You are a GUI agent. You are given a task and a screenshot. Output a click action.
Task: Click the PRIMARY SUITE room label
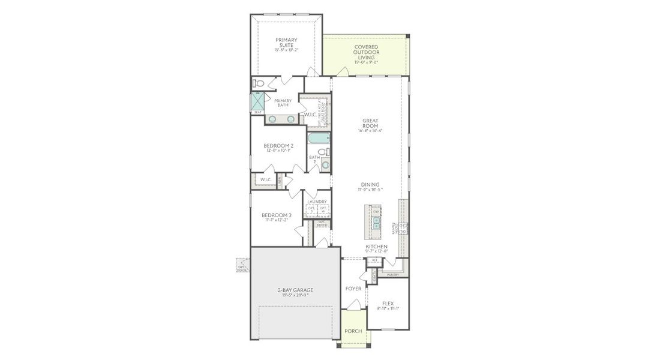click(286, 43)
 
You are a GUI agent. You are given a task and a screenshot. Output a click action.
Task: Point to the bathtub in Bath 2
click(318, 139)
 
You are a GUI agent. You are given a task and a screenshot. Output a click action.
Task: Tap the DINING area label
click(370, 185)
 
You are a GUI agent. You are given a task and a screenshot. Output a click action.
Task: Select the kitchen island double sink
click(376, 223)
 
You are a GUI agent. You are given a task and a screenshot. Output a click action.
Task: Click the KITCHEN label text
click(377, 247)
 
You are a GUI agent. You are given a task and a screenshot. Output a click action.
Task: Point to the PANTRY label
click(393, 274)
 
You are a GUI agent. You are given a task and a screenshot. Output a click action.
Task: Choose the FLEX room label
click(388, 304)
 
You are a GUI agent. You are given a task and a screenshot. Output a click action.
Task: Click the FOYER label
click(353, 289)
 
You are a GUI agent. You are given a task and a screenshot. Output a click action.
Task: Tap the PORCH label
click(353, 331)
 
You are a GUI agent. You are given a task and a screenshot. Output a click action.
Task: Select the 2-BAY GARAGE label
click(295, 290)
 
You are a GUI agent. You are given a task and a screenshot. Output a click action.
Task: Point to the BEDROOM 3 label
click(277, 215)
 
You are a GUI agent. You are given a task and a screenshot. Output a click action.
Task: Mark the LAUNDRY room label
click(317, 202)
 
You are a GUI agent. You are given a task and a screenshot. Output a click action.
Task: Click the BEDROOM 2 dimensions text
click(278, 151)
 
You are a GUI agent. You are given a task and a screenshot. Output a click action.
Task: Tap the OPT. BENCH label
click(322, 224)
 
